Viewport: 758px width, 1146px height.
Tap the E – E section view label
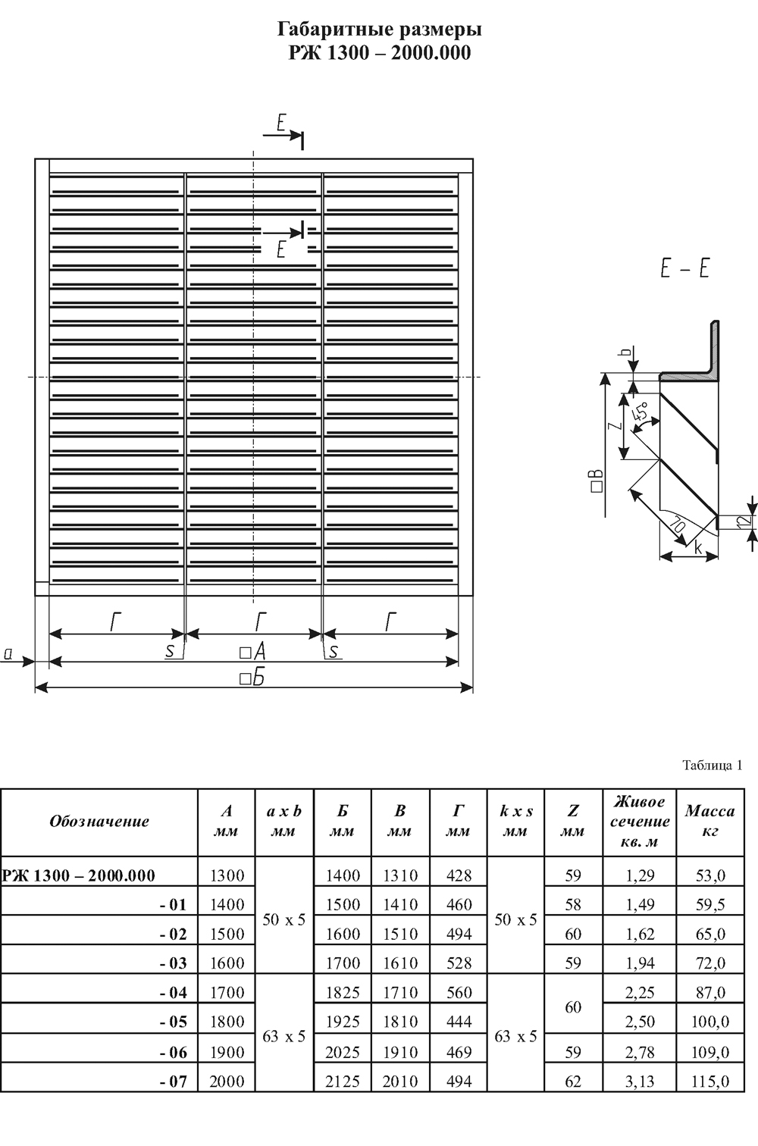[684, 268]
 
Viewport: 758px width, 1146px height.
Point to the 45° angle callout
[641, 412]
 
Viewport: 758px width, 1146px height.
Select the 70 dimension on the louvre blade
[678, 525]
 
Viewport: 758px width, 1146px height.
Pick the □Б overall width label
[252, 678]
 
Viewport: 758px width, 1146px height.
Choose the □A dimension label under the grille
[252, 652]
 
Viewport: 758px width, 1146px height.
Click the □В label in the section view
[597, 481]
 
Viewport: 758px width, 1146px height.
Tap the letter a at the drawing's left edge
[8, 653]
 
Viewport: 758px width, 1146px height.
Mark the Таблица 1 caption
[712, 766]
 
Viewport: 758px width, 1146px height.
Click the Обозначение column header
[99, 821]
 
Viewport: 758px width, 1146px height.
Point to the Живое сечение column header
[640, 821]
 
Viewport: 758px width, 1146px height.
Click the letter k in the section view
[697, 548]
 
